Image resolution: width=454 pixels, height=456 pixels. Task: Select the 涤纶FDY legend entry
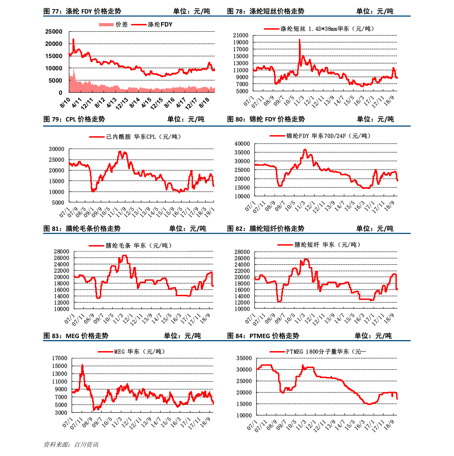152,24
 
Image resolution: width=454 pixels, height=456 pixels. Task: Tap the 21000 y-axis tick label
241,35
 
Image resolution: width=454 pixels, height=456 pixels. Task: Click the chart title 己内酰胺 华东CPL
135,136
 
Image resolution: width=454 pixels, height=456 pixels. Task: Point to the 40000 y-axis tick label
242,144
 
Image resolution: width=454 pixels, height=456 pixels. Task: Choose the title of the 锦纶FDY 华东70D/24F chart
320,136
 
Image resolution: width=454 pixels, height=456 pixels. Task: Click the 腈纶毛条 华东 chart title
131,246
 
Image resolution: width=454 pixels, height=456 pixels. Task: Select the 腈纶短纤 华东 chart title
319,245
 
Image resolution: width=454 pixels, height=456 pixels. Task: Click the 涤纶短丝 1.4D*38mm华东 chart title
320,29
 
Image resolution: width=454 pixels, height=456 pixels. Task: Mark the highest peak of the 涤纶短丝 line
300,40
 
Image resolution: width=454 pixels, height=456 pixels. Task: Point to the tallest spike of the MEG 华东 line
82,365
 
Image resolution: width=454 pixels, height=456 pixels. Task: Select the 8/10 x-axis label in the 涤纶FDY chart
65,102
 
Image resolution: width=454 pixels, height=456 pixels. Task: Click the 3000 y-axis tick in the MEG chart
61,413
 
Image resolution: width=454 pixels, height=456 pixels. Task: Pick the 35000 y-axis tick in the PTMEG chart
244,358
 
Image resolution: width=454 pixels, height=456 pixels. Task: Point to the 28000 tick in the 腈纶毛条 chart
61,252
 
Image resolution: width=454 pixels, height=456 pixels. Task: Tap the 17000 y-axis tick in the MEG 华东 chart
59,358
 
